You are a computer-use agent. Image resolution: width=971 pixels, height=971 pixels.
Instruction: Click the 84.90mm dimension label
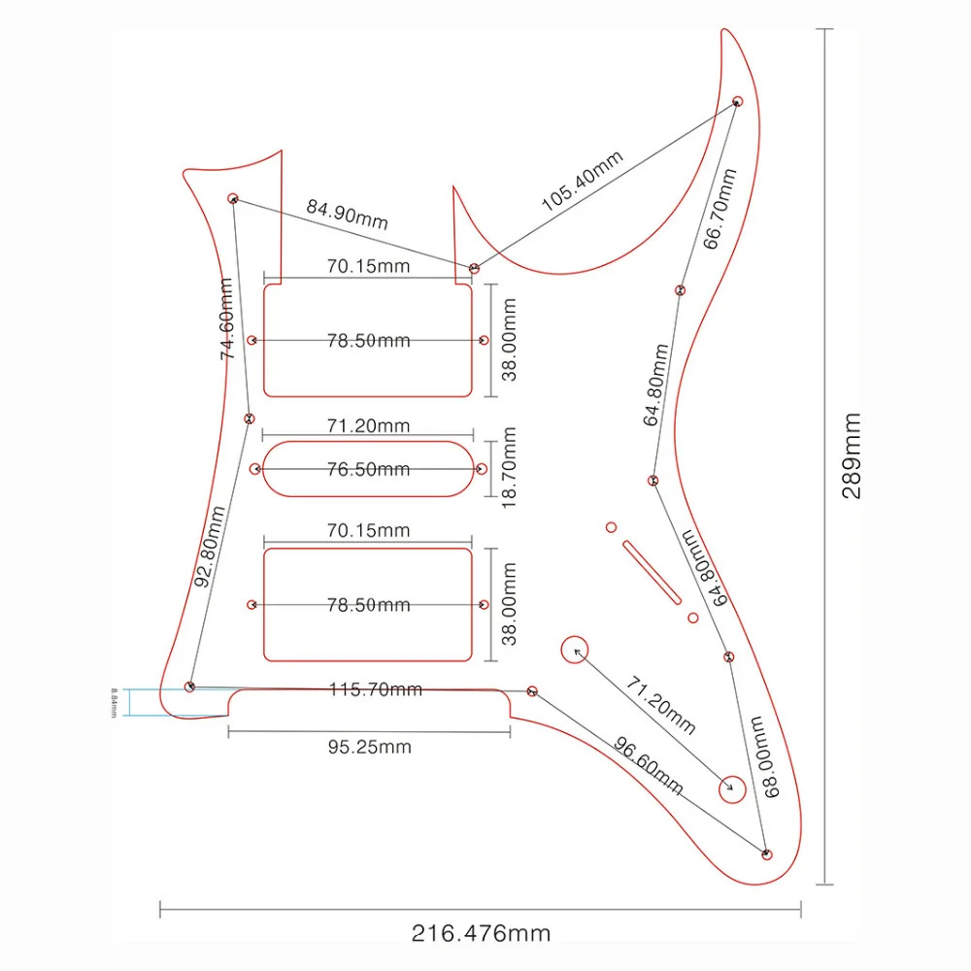(347, 214)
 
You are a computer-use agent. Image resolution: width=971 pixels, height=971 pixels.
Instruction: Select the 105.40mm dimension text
(583, 183)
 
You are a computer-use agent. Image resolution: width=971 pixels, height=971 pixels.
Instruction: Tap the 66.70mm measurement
(720, 209)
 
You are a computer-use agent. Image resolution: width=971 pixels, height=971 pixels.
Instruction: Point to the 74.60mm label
(228, 318)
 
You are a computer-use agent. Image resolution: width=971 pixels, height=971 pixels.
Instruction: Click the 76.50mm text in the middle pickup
(368, 469)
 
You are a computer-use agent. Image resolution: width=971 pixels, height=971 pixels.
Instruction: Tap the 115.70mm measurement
(375, 688)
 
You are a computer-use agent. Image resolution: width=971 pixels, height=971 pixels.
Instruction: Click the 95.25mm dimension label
(368, 747)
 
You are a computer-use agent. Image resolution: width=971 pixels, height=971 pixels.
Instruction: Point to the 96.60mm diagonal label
(648, 763)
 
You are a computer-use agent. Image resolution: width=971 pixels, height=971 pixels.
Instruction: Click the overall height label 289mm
(852, 454)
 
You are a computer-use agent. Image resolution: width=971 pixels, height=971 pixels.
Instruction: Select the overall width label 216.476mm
(481, 934)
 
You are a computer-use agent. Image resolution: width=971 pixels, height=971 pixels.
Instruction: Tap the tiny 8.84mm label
(115, 702)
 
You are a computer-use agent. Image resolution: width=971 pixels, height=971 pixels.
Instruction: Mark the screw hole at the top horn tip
(738, 101)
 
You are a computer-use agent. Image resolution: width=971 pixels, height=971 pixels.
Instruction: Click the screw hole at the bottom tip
(766, 854)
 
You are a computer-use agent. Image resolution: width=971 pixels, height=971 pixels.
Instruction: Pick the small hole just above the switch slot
(611, 527)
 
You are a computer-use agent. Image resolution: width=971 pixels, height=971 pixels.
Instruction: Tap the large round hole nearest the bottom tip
(731, 788)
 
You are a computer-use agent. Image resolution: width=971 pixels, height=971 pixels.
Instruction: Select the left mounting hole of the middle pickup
(255, 469)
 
